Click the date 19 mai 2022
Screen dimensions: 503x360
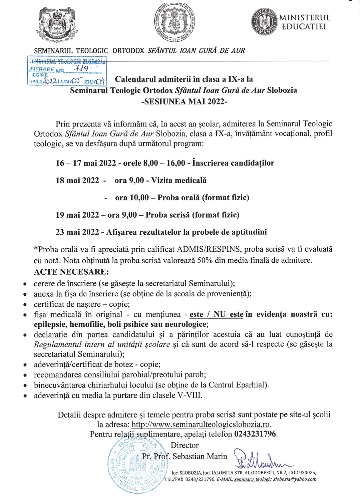pyautogui.click(x=77, y=215)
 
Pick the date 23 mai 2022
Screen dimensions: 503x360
pyautogui.click(x=77, y=232)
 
